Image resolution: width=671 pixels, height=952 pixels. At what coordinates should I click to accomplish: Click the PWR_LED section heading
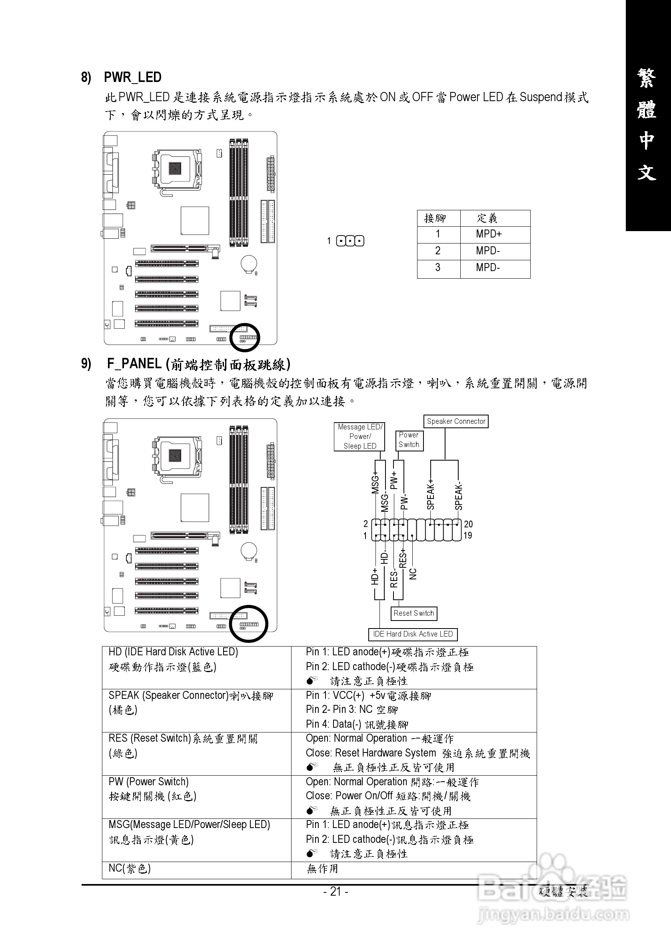[x=132, y=77]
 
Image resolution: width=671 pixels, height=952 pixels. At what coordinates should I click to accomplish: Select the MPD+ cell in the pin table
[x=489, y=234]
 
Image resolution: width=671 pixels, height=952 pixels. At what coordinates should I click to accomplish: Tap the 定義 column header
[x=487, y=218]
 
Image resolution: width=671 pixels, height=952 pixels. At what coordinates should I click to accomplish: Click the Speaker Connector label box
[x=456, y=421]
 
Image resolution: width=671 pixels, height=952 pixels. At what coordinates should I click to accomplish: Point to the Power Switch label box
[x=409, y=440]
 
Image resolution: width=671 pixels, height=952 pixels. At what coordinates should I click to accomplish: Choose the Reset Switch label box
[x=413, y=613]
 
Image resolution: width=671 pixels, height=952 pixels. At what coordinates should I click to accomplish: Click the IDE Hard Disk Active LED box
[x=413, y=634]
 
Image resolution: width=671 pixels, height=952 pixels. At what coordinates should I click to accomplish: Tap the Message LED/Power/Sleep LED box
[x=359, y=437]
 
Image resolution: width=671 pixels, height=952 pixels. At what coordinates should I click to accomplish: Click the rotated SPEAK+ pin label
[x=430, y=494]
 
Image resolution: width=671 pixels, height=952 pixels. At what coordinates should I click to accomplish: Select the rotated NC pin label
[x=413, y=574]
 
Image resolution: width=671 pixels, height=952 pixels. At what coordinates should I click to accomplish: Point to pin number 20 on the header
[x=468, y=524]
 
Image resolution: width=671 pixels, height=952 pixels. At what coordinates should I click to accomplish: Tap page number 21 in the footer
[x=335, y=891]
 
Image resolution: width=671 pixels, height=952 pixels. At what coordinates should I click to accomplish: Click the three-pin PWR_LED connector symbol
[x=350, y=241]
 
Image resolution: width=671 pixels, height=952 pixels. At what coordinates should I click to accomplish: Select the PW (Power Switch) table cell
[x=196, y=796]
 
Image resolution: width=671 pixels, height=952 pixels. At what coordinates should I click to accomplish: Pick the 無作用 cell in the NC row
[x=323, y=869]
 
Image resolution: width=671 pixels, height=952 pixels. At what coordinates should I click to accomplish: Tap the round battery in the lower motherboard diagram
[x=249, y=551]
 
